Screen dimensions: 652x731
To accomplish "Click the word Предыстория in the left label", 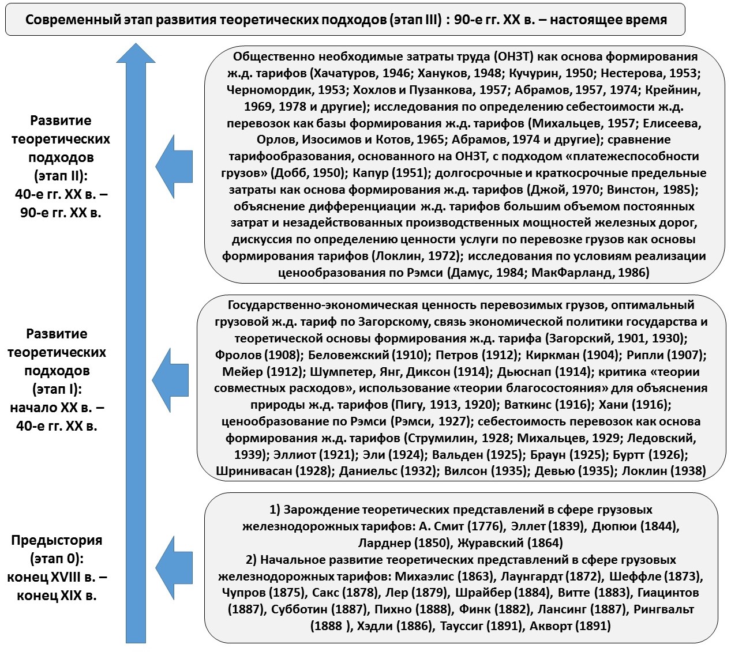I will coord(57,541).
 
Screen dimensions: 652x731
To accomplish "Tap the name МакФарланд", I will coord(569,273).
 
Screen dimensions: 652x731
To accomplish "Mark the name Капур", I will coord(372,173).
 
